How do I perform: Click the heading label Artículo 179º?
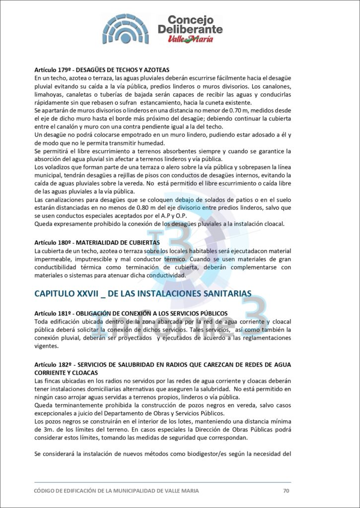coord(53,70)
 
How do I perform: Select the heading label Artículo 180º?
coord(53,243)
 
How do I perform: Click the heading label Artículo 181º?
coord(53,314)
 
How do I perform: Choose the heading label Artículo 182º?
coord(53,365)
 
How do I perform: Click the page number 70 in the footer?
coord(286,491)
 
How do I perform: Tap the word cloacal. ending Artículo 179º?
coord(271,224)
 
